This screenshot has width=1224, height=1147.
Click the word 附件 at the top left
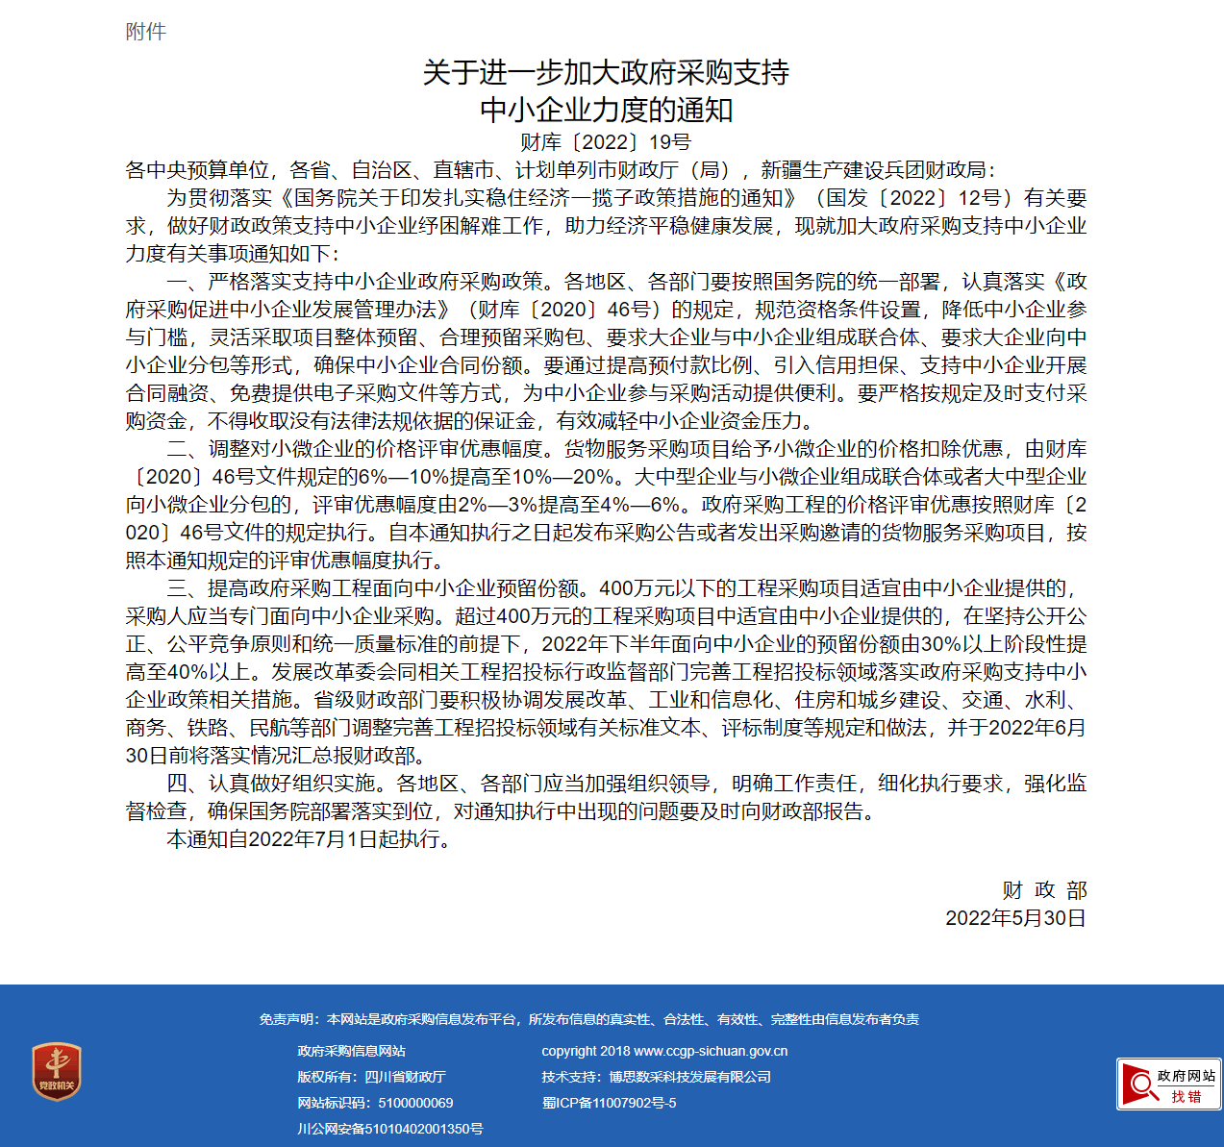tap(145, 32)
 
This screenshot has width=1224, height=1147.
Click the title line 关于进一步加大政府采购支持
tap(606, 73)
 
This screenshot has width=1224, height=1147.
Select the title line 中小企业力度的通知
tap(606, 110)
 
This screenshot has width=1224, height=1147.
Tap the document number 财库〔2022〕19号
tap(606, 142)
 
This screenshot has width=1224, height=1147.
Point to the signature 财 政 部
tap(1044, 890)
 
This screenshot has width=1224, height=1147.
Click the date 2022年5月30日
tap(1015, 918)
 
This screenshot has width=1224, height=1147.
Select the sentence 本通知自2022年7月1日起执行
tap(308, 839)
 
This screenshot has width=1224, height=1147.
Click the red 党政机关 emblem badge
tap(57, 1071)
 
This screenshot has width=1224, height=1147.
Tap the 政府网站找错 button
tap(1168, 1085)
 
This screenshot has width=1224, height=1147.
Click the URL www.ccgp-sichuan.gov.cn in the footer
tap(711, 1051)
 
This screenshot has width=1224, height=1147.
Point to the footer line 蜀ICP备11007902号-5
tap(609, 1103)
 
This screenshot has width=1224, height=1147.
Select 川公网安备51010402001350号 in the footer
tap(389, 1129)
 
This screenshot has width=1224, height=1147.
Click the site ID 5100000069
tap(415, 1103)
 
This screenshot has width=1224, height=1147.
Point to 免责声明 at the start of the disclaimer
tap(287, 1019)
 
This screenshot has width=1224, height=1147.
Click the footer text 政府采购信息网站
tap(351, 1051)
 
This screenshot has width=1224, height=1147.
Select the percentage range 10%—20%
tap(562, 477)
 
